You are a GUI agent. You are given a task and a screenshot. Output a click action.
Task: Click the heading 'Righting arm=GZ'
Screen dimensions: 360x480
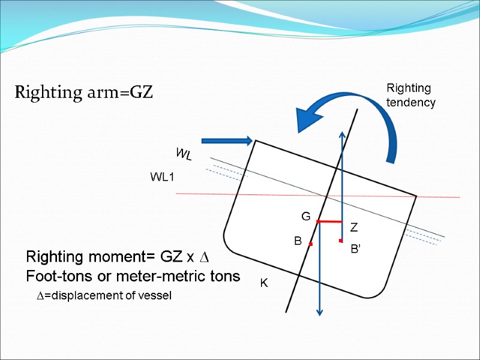(84, 93)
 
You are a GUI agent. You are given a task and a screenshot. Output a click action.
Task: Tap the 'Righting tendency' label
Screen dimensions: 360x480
(410, 95)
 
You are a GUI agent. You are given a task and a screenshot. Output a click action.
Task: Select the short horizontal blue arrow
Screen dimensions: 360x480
(226, 141)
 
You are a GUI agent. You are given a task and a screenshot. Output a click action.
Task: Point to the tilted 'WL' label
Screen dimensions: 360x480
(184, 155)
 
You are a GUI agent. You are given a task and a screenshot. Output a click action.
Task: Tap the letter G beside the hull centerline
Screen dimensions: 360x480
(305, 216)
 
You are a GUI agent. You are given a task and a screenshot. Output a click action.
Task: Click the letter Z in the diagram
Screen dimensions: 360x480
(354, 227)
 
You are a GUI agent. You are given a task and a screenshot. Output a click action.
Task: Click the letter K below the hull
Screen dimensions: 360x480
(263, 282)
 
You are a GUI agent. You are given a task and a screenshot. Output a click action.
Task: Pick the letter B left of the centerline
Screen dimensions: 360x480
(297, 241)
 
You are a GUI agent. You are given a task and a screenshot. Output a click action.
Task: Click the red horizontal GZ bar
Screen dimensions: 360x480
(329, 222)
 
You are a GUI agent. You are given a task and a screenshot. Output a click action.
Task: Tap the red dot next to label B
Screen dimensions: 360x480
(311, 244)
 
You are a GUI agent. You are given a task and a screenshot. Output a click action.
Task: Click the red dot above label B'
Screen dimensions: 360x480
(340, 241)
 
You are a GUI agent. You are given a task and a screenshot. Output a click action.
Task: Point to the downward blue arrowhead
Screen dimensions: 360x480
(320, 311)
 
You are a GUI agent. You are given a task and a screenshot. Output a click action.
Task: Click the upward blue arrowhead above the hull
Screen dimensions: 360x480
(341, 135)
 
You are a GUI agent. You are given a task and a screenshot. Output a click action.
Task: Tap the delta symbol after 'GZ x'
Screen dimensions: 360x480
(204, 258)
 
